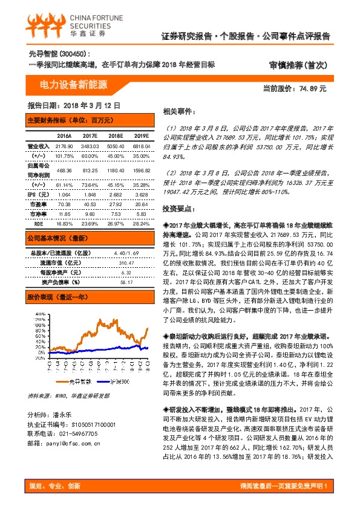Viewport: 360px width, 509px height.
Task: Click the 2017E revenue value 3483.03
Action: coord(89,147)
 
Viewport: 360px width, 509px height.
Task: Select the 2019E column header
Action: coord(141,135)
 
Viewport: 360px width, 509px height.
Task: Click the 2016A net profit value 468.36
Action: coord(64,170)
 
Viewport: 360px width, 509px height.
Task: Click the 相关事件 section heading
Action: coord(179,112)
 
